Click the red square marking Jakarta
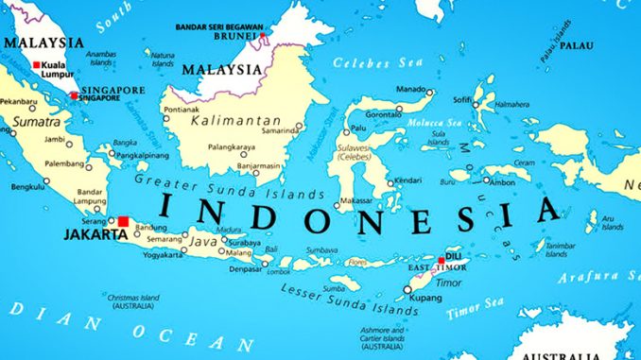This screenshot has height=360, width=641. [x=123, y=221]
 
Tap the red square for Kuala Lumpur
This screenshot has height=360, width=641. [x=37, y=65]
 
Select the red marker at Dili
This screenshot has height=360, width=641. [x=441, y=261]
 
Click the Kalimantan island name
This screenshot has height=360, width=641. [x=235, y=122]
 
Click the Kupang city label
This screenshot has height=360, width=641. [x=424, y=299]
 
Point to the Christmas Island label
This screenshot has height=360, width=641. [x=135, y=300]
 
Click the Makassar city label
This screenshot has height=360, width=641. [x=355, y=200]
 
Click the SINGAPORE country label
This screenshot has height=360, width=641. [x=113, y=91]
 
